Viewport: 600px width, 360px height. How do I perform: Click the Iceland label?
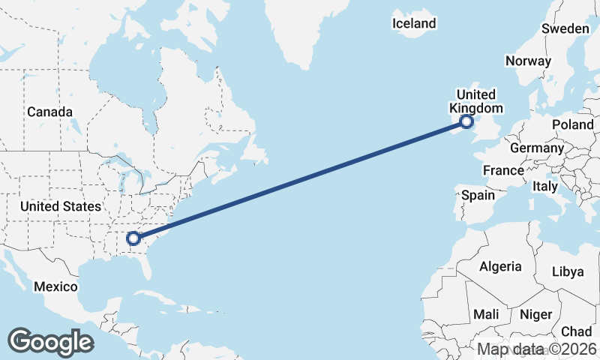click(414, 23)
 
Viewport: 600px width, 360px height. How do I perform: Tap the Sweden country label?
click(565, 28)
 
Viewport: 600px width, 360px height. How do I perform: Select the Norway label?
click(528, 61)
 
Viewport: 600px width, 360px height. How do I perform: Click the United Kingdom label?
click(476, 101)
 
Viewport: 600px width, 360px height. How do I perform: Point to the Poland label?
click(572, 124)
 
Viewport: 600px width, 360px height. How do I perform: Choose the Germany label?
click(536, 148)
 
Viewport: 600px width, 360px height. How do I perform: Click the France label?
click(503, 170)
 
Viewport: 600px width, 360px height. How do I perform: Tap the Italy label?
click(545, 185)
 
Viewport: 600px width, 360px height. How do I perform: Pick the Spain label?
click(478, 195)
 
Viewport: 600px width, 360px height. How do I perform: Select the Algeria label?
click(500, 266)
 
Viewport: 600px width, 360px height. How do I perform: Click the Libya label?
click(567, 271)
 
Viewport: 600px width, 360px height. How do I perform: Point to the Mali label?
click(486, 314)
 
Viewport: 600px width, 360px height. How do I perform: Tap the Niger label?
click(535, 314)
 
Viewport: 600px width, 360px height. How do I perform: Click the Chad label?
click(576, 331)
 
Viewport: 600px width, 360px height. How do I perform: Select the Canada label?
click(49, 112)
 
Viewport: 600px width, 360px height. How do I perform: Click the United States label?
click(60, 206)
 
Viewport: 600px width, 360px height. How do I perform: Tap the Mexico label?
click(55, 286)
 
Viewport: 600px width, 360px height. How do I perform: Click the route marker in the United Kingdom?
click(466, 121)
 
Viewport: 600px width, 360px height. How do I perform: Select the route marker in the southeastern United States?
click(133, 238)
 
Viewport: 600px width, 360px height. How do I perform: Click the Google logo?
click(50, 341)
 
